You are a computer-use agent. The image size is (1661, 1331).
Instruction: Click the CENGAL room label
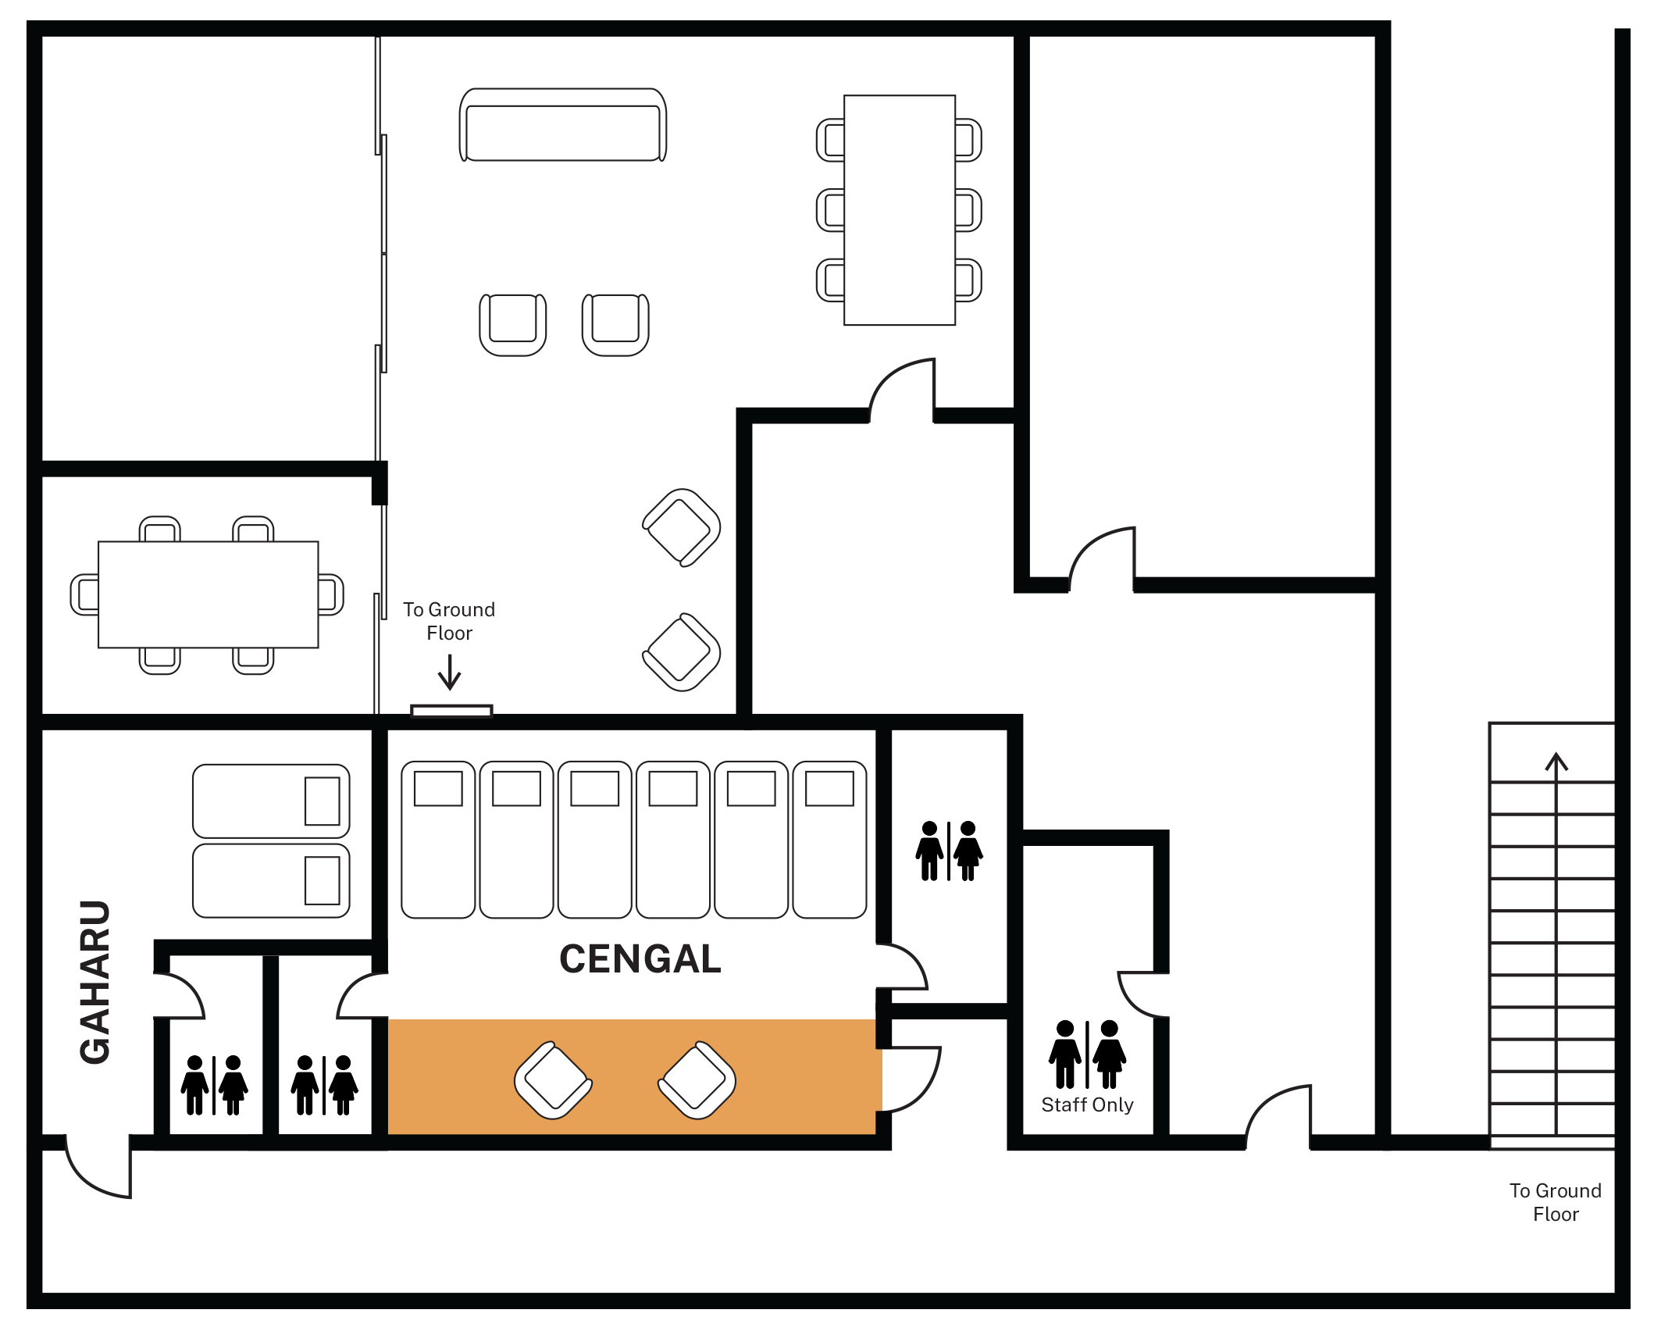click(x=640, y=959)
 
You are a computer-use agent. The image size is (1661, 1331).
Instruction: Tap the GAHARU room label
click(x=95, y=982)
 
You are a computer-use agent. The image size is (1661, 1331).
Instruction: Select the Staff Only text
click(x=1087, y=1105)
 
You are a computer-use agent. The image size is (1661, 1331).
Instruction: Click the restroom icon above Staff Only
click(x=1087, y=1054)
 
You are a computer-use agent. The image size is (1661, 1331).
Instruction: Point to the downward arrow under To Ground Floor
click(x=449, y=672)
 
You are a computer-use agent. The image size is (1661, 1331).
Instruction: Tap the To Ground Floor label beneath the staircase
click(x=1556, y=1202)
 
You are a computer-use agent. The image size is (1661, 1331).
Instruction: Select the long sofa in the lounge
click(x=563, y=125)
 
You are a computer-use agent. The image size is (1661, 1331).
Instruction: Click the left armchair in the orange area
click(x=553, y=1080)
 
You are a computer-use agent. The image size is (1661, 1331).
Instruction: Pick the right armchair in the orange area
click(x=697, y=1080)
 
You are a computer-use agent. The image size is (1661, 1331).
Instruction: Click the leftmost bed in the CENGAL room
click(x=438, y=840)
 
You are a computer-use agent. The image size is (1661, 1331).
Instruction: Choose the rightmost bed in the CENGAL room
click(x=829, y=840)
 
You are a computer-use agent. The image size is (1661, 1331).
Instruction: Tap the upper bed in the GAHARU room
click(x=271, y=801)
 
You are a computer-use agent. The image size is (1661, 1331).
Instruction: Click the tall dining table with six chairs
click(x=900, y=210)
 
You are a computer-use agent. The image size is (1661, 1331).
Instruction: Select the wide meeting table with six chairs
click(x=209, y=594)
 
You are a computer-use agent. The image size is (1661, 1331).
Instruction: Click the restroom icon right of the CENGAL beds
click(x=949, y=851)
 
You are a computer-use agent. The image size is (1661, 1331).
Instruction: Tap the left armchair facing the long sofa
click(x=513, y=325)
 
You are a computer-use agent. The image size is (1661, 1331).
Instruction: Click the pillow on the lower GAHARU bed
click(x=322, y=880)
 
